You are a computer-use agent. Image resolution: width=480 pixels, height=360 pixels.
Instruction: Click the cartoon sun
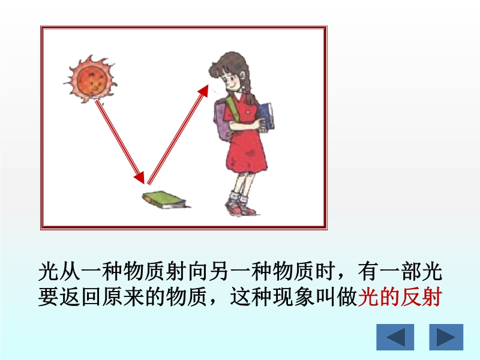tap(90, 79)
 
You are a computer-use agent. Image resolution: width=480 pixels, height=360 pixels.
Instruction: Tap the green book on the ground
tap(164, 200)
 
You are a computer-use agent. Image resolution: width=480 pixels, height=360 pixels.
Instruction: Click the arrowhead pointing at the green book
tap(140, 178)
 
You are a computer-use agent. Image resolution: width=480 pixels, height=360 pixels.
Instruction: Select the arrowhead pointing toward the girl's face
tap(203, 91)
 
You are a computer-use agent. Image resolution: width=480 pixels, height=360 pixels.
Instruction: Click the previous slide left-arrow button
tap(395, 337)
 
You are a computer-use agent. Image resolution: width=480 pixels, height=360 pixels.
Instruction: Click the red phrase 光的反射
tap(400, 296)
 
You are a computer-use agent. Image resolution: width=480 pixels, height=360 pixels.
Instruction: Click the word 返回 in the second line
tap(70, 296)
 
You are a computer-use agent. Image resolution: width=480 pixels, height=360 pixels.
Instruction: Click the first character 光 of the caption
tap(49, 271)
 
